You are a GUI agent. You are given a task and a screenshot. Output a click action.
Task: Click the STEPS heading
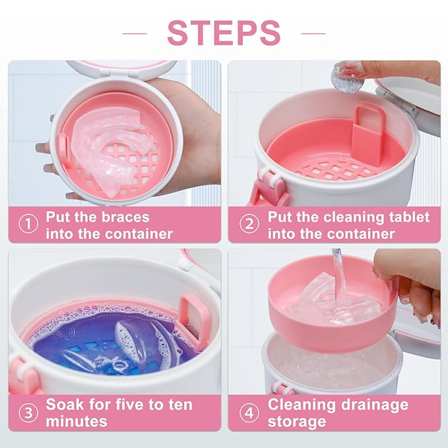tap(224, 32)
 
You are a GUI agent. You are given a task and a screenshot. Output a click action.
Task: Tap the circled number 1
tap(28, 225)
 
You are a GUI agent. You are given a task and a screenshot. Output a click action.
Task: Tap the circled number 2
tap(249, 225)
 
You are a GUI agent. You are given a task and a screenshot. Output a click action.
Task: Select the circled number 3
tap(28, 412)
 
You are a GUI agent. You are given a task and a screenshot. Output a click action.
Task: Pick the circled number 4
tap(249, 412)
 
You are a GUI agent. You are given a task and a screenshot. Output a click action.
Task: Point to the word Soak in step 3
tap(65, 404)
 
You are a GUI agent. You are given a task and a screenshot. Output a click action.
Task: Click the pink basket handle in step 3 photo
tap(195, 317)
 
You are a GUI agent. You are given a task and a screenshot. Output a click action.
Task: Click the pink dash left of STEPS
tap(135, 32)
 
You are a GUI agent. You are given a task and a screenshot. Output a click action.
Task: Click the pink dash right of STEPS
tap(313, 32)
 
